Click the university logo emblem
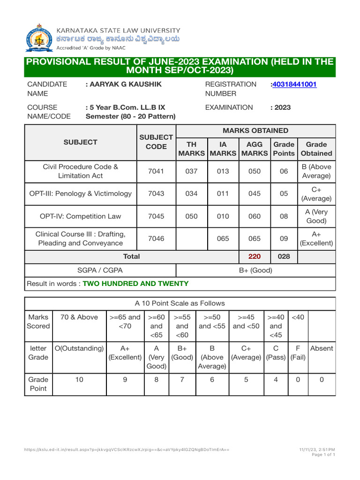[39, 38]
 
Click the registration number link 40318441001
[294, 84]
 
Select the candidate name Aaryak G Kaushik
[124, 84]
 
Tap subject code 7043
[156, 194]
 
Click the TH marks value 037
[192, 171]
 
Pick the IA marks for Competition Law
[223, 216]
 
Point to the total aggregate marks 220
[255, 256]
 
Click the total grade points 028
[284, 256]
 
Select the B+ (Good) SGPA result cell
[255, 270]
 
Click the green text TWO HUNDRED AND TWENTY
[135, 284]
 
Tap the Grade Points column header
[284, 149]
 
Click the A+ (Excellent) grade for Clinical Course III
[316, 239]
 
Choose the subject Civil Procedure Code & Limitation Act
[80, 171]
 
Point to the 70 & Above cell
[79, 317]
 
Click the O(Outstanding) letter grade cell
[79, 348]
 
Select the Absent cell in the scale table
[322, 348]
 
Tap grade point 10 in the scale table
[79, 380]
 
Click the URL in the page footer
[127, 450]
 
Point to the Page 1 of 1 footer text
[323, 455]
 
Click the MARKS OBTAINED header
[255, 131]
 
